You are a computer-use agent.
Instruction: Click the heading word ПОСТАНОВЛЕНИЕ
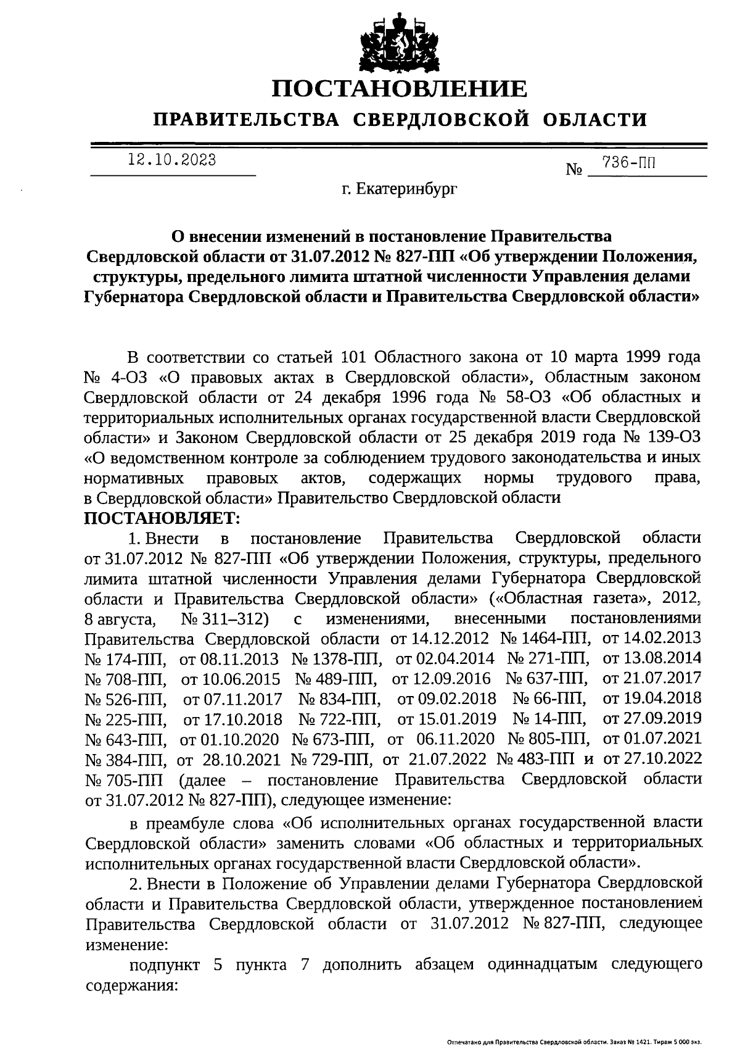click(x=400, y=89)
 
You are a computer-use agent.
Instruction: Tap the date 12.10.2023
click(x=172, y=160)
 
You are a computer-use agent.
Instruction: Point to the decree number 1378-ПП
click(x=337, y=659)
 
